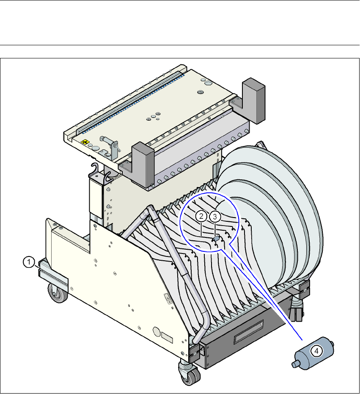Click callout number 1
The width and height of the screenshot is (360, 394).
(29, 262)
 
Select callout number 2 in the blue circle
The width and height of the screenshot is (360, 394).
(201, 216)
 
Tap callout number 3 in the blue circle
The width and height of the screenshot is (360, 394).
(215, 216)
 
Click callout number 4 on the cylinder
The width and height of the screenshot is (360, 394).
(316, 351)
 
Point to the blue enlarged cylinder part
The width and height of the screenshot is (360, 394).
(313, 353)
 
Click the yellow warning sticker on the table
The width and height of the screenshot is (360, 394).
(85, 142)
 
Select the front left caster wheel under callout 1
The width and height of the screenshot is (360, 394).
(58, 292)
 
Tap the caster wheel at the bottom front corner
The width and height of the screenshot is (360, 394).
(190, 375)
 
